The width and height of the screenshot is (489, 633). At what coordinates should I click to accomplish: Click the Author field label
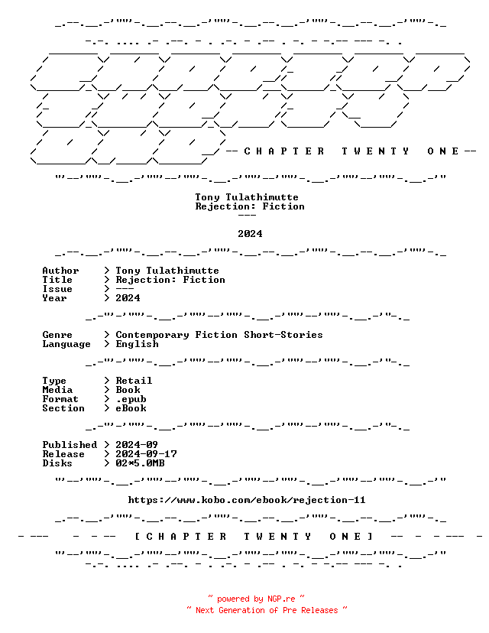(60, 271)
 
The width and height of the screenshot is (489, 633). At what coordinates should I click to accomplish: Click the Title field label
(57, 280)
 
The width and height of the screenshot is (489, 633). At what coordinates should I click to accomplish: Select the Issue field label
(57, 289)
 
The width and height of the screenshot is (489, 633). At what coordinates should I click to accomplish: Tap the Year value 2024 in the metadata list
(128, 298)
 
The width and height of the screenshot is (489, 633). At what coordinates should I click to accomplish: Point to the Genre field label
(57, 335)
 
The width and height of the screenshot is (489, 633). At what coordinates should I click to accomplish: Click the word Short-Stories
(283, 335)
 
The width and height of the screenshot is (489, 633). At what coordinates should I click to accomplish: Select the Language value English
(138, 344)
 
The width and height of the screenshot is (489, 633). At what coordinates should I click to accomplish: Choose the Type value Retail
(134, 381)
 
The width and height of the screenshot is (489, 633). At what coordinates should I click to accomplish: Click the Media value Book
(128, 390)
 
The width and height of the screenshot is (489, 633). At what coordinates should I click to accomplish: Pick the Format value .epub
(131, 399)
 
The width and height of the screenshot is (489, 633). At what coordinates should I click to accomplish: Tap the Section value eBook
(131, 408)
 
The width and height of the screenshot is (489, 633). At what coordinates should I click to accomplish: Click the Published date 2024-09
(137, 445)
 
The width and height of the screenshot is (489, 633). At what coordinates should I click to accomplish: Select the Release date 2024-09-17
(146, 454)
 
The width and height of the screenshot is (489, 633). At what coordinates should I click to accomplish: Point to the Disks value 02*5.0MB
(140, 463)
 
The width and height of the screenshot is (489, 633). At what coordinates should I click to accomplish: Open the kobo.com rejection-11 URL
(247, 500)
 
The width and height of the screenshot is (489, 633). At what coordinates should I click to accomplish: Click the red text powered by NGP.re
(256, 599)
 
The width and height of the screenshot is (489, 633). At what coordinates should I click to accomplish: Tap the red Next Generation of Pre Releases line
(267, 610)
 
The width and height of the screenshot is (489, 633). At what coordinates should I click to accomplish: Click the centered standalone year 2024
(250, 234)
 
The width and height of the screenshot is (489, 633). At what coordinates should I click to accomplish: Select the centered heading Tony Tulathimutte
(247, 197)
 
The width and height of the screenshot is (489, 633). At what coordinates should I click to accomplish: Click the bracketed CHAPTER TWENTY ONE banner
(254, 537)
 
